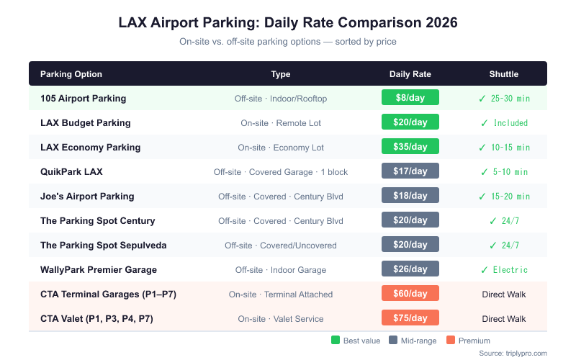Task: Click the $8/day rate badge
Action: tap(410, 98)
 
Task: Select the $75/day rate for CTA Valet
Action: tap(410, 318)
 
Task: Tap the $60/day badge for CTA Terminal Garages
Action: tap(410, 294)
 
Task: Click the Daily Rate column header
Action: tap(410, 74)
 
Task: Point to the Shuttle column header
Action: tap(503, 74)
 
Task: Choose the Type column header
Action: tap(281, 74)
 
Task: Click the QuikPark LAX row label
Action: tap(71, 171)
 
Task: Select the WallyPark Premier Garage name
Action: tap(98, 269)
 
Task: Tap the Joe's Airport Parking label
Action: tap(87, 196)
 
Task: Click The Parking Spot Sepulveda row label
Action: tap(103, 245)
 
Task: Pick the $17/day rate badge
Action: tap(410, 171)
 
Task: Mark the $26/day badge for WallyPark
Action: tap(410, 269)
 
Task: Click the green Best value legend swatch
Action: tap(336, 341)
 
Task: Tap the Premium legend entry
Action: tap(469, 341)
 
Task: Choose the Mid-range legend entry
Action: tap(413, 341)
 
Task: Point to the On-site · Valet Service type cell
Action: tap(281, 319)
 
